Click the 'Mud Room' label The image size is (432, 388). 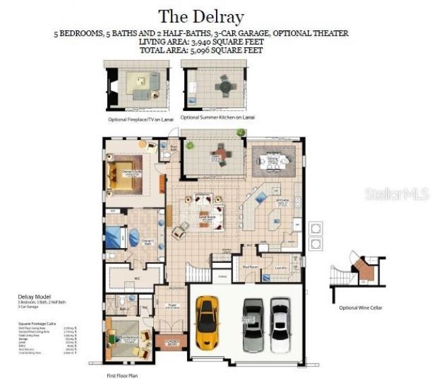[x=250, y=266]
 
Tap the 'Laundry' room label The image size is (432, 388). [x=281, y=266]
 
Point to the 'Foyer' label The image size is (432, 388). [x=173, y=305]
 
